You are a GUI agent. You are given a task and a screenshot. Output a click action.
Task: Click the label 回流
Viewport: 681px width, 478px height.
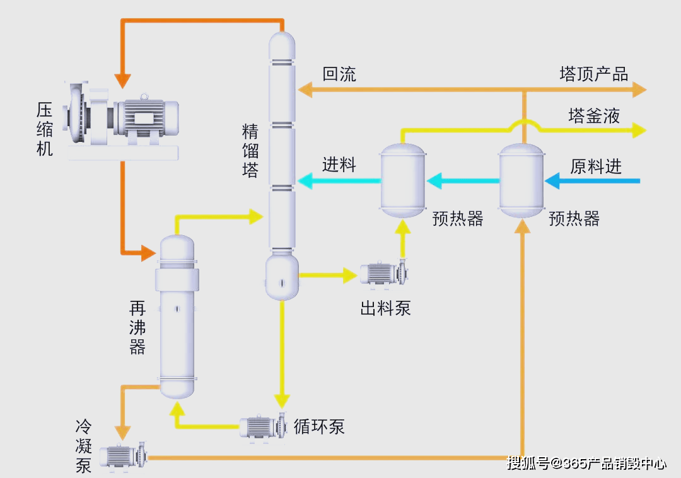coord(339,74)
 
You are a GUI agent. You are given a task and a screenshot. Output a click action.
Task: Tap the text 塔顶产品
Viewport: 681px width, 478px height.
coord(593,74)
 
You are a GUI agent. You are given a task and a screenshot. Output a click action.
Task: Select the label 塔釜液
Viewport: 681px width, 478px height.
coord(594,115)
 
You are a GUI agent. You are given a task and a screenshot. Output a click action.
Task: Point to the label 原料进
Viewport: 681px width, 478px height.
coord(596,166)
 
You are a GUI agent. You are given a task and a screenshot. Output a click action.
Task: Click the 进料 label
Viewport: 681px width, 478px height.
coord(339,165)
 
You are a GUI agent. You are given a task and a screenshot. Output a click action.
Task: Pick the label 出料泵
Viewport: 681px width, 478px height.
coord(385,308)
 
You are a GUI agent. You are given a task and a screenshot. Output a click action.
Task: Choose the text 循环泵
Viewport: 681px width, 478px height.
coord(319,426)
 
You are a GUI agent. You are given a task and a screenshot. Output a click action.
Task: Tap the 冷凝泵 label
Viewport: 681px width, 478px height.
coord(84,446)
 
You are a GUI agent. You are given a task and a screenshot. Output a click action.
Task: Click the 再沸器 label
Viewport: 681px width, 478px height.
coord(137,327)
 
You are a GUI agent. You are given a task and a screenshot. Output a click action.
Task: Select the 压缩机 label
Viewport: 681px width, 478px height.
coord(44,129)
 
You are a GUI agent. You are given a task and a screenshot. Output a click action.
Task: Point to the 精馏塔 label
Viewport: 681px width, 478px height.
coord(250,151)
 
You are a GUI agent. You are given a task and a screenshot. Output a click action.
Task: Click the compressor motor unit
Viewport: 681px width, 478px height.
coord(123,117)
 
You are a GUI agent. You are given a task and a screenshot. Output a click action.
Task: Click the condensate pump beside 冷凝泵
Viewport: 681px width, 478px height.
coord(124,455)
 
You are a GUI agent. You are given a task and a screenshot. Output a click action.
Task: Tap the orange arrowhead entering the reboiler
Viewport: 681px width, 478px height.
coord(148,254)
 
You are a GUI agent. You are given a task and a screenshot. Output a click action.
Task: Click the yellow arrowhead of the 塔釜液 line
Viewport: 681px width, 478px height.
coord(639,131)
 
